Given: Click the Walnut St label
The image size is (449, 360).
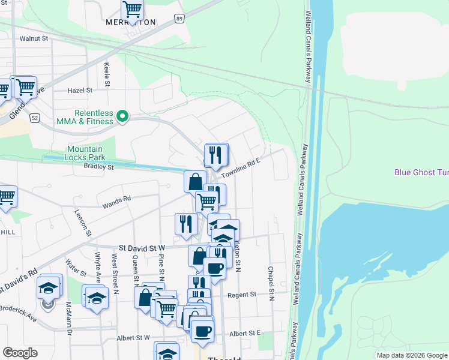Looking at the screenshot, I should (x=33, y=38).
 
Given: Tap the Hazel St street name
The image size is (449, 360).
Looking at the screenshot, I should (x=80, y=90).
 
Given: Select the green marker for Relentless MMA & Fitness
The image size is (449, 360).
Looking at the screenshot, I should (x=123, y=116).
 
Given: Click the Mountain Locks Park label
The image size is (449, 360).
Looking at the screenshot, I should (x=85, y=153).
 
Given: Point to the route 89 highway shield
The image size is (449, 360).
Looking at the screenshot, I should (x=179, y=19).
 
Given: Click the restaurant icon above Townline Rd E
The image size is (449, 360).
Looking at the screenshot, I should (x=216, y=155).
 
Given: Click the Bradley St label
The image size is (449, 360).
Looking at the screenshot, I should (x=98, y=166).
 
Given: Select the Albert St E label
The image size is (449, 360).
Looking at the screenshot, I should (x=246, y=333).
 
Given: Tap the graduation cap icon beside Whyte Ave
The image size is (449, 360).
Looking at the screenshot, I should (x=96, y=298).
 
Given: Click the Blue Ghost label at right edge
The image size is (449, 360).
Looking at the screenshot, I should (x=421, y=172).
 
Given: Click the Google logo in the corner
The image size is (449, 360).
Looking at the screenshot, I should (x=20, y=353).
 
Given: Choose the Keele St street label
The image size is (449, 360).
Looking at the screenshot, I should (x=107, y=73).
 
